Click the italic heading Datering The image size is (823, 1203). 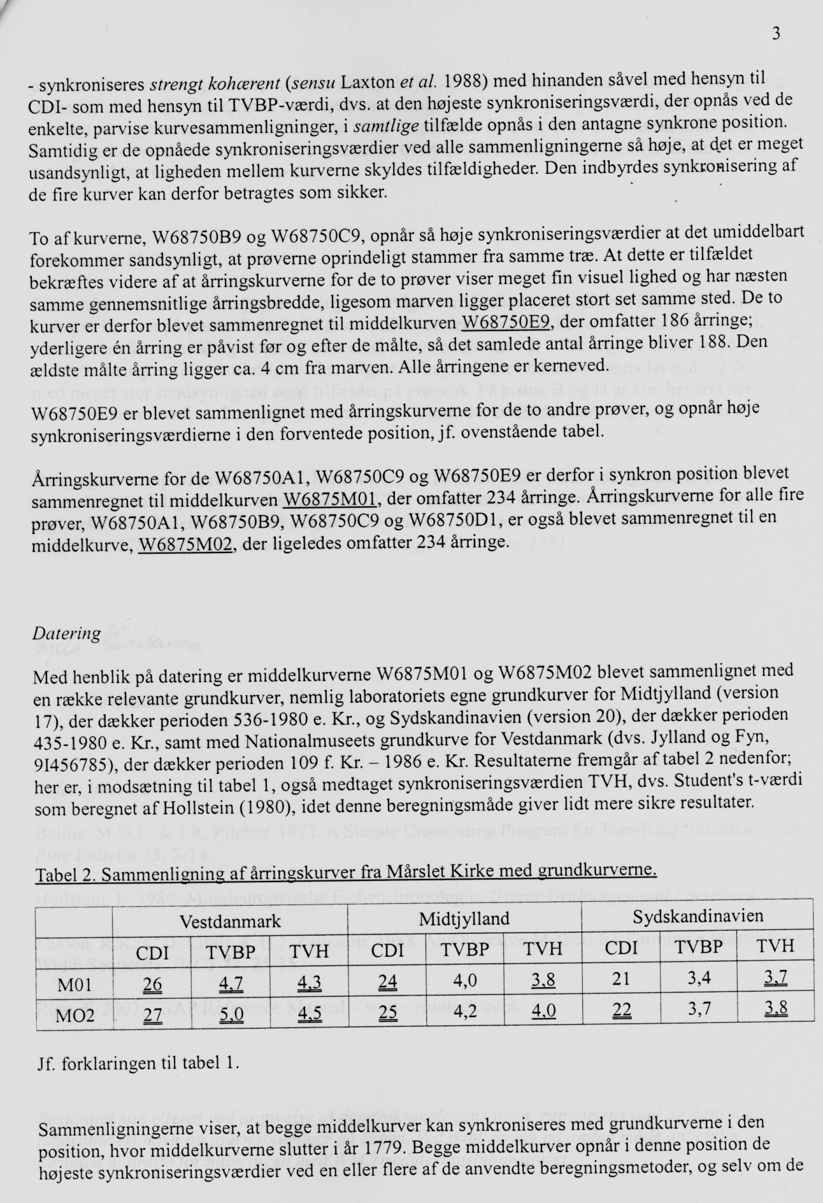click(x=66, y=633)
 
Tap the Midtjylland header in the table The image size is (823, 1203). click(x=464, y=918)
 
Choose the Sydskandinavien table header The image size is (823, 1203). click(x=698, y=917)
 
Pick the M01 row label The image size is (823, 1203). click(x=75, y=985)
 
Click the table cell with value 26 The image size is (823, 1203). click(x=152, y=985)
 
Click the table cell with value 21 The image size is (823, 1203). click(x=620, y=979)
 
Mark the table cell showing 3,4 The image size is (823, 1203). click(x=698, y=978)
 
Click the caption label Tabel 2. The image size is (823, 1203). click(x=64, y=875)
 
